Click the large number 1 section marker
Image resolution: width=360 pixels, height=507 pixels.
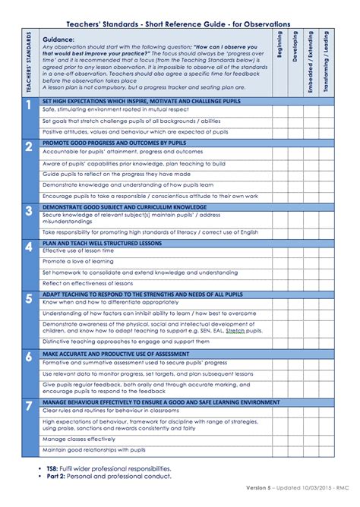28,105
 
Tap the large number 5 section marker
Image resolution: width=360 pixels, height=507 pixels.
28,298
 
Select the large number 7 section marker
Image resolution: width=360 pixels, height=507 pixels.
28,407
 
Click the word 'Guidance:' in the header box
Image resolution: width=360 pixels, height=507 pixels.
58,38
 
